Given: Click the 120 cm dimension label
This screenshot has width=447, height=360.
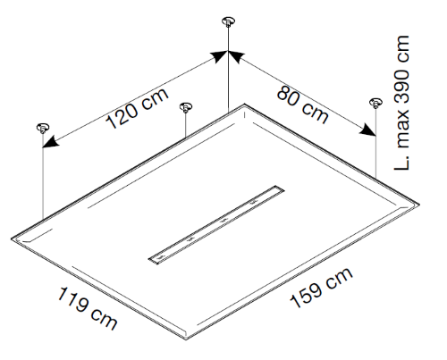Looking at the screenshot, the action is click(x=138, y=108).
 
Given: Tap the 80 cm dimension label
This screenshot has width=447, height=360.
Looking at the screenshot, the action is click(x=303, y=105).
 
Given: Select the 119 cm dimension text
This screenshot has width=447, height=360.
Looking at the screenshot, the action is click(x=88, y=308).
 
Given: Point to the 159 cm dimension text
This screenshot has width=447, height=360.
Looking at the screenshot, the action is click(x=321, y=288).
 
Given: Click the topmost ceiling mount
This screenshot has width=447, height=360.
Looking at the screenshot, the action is click(x=228, y=22).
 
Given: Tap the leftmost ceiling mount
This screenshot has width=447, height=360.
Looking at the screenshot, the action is click(x=43, y=128).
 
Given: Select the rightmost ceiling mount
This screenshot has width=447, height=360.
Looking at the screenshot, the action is click(x=375, y=103).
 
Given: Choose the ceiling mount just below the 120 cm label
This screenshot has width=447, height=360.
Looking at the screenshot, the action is click(x=186, y=107).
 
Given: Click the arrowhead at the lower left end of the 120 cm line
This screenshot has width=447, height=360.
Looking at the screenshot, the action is click(x=50, y=142).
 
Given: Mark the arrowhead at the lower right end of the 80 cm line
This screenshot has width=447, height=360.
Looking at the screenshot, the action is click(x=367, y=130).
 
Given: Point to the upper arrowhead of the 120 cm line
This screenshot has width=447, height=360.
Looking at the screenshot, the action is click(x=220, y=56).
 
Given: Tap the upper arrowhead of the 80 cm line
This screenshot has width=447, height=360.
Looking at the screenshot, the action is click(x=237, y=56).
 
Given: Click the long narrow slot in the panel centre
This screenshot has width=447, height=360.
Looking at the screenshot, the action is click(x=216, y=225).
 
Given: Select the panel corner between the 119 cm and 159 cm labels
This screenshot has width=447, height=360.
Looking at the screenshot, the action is click(x=186, y=339).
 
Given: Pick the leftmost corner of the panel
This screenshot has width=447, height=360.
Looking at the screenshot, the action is click(x=12, y=239).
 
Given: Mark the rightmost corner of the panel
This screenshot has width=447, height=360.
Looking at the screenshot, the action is click(x=419, y=205).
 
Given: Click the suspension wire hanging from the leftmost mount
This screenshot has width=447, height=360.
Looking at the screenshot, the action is click(x=43, y=176).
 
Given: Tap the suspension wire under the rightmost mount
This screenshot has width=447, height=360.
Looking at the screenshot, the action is click(x=375, y=143).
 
